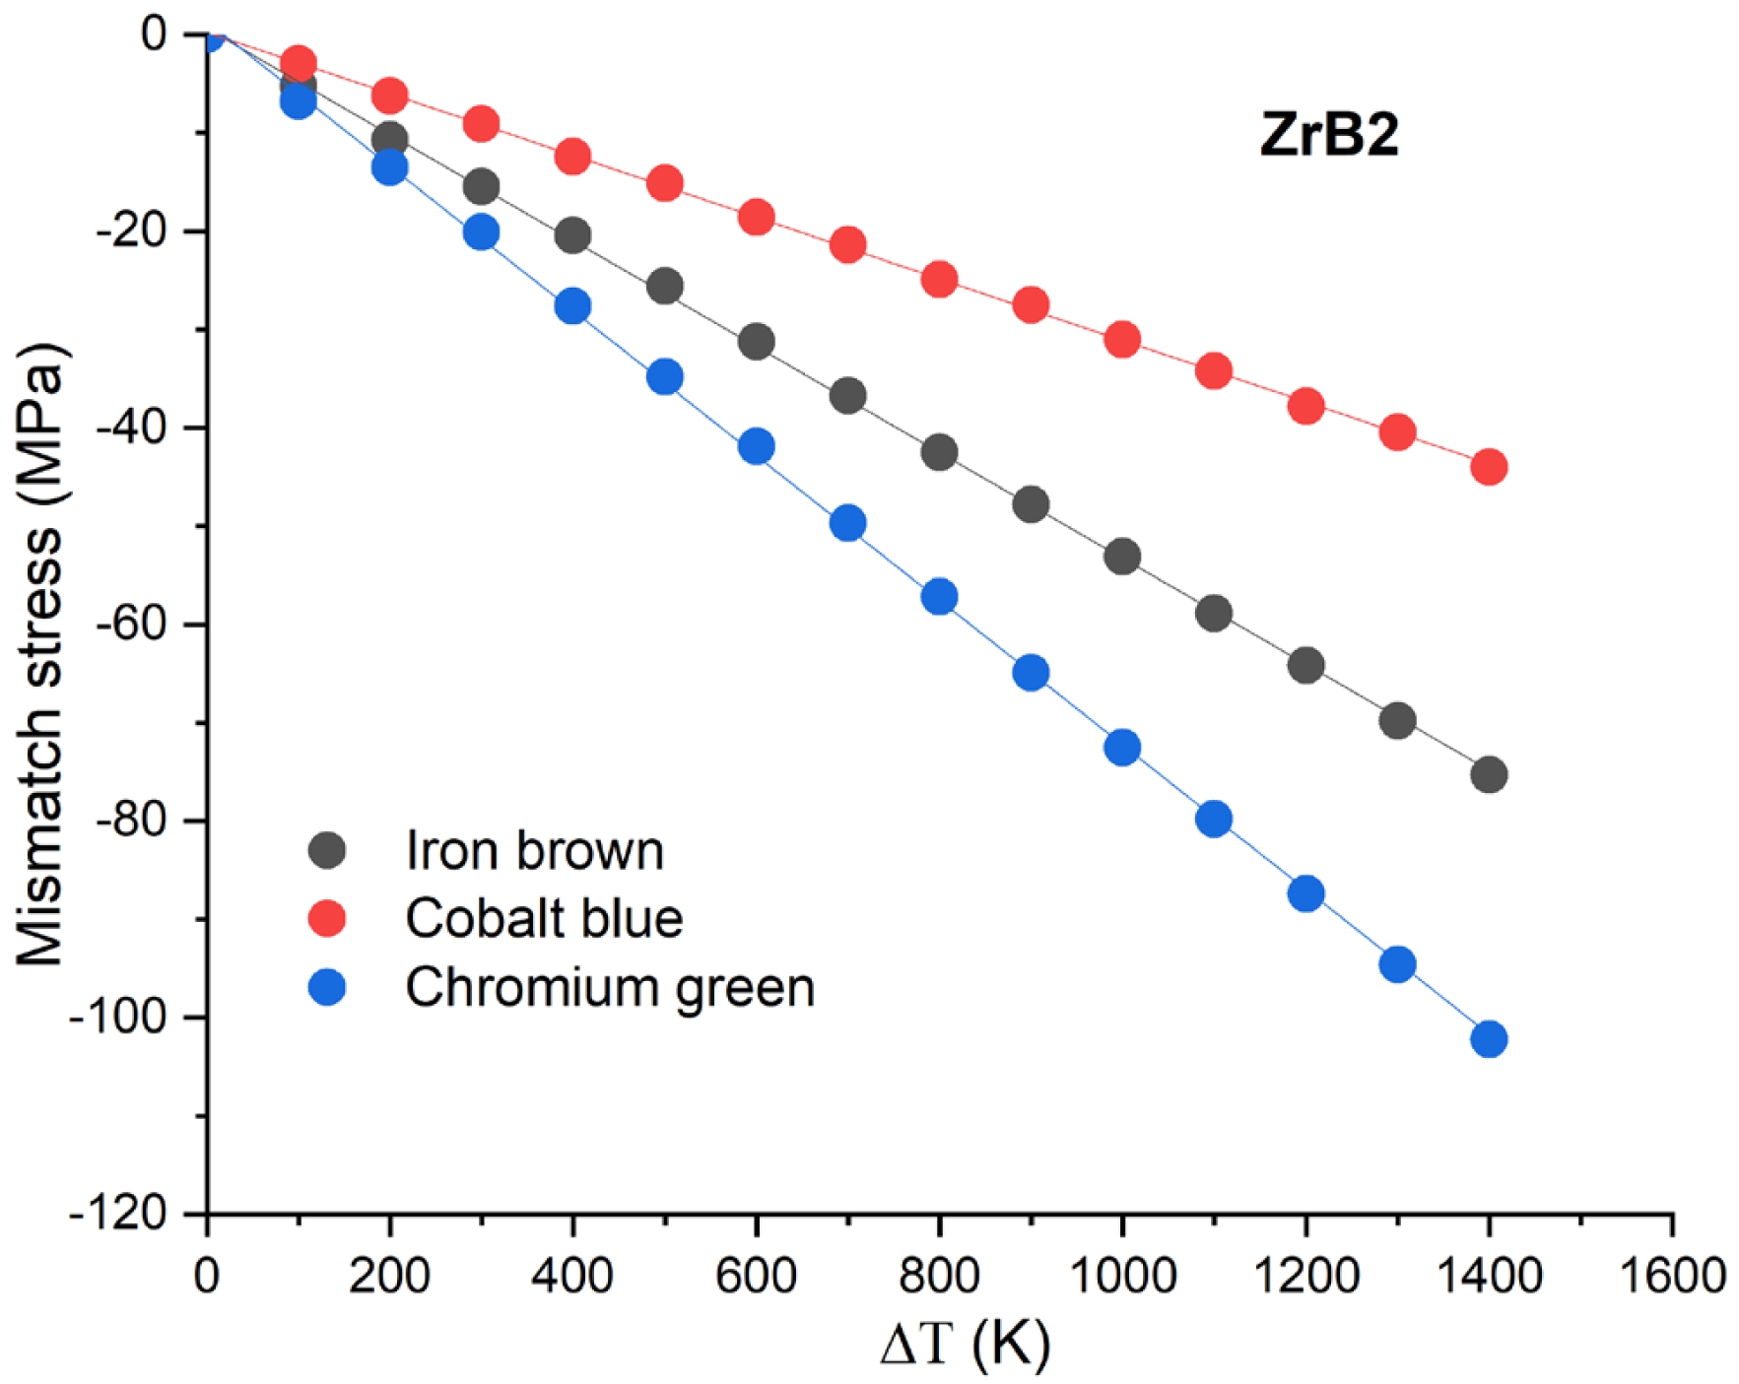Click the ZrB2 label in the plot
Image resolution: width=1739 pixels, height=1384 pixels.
pos(1329,134)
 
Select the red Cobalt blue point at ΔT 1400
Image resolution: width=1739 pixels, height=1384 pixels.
pos(1488,466)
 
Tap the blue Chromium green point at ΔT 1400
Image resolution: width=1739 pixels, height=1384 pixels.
pos(1488,1038)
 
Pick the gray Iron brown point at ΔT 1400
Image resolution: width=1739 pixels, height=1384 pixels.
pos(1488,775)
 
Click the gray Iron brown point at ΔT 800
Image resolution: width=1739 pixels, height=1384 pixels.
pos(939,452)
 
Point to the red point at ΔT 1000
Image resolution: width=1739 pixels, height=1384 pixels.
pos(1122,340)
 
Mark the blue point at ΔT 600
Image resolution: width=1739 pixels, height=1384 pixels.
pos(756,446)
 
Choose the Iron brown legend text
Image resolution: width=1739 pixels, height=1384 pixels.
pos(535,850)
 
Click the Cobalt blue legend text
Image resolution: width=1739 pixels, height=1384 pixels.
pos(544,918)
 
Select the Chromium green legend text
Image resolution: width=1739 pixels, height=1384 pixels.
pos(610,987)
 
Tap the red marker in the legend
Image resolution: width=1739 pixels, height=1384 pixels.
pos(327,918)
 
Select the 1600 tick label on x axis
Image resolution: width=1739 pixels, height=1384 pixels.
pos(1671,1277)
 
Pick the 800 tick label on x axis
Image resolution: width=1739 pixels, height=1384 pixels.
pos(939,1277)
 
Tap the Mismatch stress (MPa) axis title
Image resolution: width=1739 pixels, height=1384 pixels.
pos(41,654)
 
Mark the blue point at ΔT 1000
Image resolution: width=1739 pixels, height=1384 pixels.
pos(1122,748)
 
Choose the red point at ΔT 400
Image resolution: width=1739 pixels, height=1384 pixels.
pos(572,156)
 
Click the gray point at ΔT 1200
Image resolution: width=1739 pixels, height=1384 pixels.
pos(1305,666)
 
